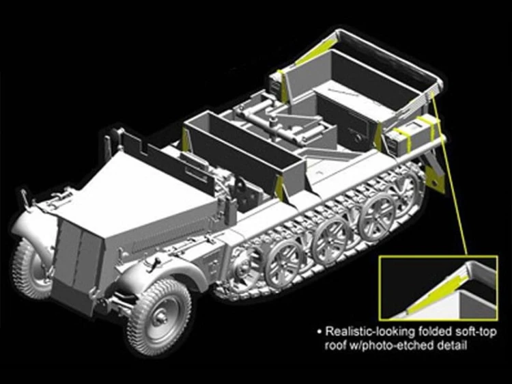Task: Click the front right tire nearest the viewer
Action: (159, 316)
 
